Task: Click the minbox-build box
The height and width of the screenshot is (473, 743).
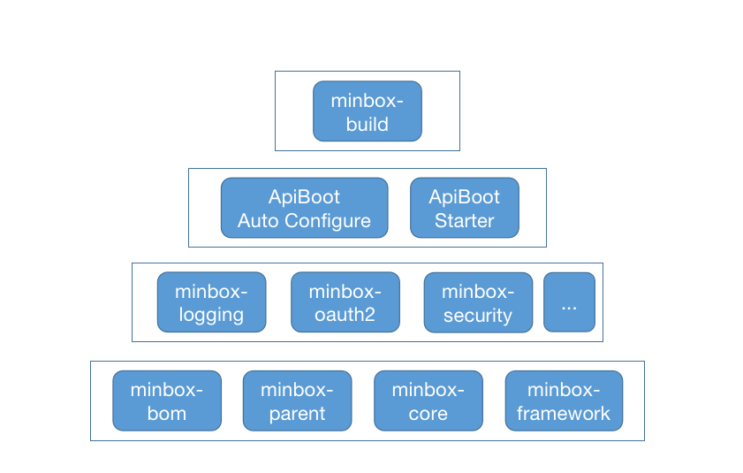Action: pyautogui.click(x=367, y=111)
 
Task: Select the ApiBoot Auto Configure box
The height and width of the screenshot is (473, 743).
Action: pyautogui.click(x=304, y=208)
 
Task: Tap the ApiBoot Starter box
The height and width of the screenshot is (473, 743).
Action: pyautogui.click(x=464, y=208)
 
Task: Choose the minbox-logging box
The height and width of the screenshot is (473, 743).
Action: pyautogui.click(x=211, y=302)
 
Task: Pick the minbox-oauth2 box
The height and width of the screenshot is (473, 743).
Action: pyautogui.click(x=345, y=302)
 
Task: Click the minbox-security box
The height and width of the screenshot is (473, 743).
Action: pyautogui.click(x=478, y=302)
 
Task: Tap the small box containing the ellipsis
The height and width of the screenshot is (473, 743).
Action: pyautogui.click(x=569, y=302)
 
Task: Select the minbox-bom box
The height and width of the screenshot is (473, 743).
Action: pyautogui.click(x=167, y=401)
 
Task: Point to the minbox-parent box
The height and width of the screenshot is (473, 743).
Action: pyautogui.click(x=297, y=401)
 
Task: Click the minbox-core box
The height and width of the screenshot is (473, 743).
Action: pyautogui.click(x=428, y=401)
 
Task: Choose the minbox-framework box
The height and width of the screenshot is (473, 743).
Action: pyautogui.click(x=564, y=401)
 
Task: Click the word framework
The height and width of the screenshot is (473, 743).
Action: pyautogui.click(x=564, y=413)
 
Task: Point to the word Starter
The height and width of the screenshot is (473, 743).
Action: pyautogui.click(x=464, y=220)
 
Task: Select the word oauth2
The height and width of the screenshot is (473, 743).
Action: pyautogui.click(x=345, y=315)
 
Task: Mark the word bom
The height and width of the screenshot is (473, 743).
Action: pyautogui.click(x=167, y=413)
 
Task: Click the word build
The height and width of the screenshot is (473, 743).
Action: pyautogui.click(x=367, y=124)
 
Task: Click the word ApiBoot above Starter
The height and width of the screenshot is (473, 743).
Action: pyautogui.click(x=464, y=196)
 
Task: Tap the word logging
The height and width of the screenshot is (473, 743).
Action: pyautogui.click(x=211, y=315)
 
